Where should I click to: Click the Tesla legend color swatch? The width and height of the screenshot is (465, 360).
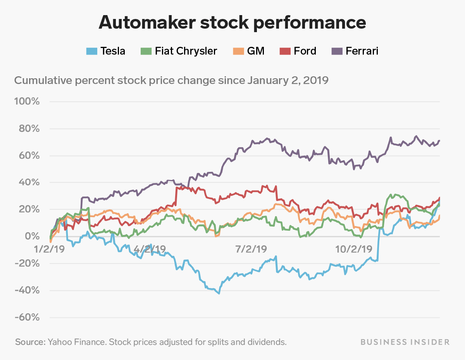pyautogui.click(x=92, y=51)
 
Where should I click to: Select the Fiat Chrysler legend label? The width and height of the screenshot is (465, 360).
pyautogui.click(x=186, y=51)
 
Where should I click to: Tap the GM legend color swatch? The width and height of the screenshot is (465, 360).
pyautogui.click(x=238, y=51)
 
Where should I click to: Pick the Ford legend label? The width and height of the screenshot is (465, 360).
pyautogui.click(x=305, y=51)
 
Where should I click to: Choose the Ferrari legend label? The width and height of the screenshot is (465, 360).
pyautogui.click(x=362, y=51)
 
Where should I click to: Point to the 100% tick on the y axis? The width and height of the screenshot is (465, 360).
pyautogui.click(x=27, y=101)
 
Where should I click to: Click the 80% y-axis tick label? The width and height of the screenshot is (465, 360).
pyautogui.click(x=29, y=129)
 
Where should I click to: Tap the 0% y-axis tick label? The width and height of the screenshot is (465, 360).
pyautogui.click(x=32, y=237)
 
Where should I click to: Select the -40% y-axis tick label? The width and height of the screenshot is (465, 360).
pyautogui.click(x=27, y=291)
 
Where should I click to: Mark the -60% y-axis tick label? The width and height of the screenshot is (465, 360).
pyautogui.click(x=27, y=317)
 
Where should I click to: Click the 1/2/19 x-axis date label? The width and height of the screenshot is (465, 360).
pyautogui.click(x=49, y=249)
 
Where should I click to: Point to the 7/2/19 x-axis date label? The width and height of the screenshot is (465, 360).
pyautogui.click(x=251, y=249)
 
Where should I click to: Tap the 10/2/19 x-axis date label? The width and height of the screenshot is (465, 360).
pyautogui.click(x=354, y=249)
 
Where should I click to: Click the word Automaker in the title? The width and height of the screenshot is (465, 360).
pyautogui.click(x=147, y=22)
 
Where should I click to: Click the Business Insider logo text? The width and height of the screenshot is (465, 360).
pyautogui.click(x=405, y=342)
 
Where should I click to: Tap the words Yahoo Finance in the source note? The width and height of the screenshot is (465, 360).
pyautogui.click(x=77, y=342)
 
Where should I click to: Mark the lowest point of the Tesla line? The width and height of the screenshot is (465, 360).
pyautogui.click(x=219, y=293)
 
